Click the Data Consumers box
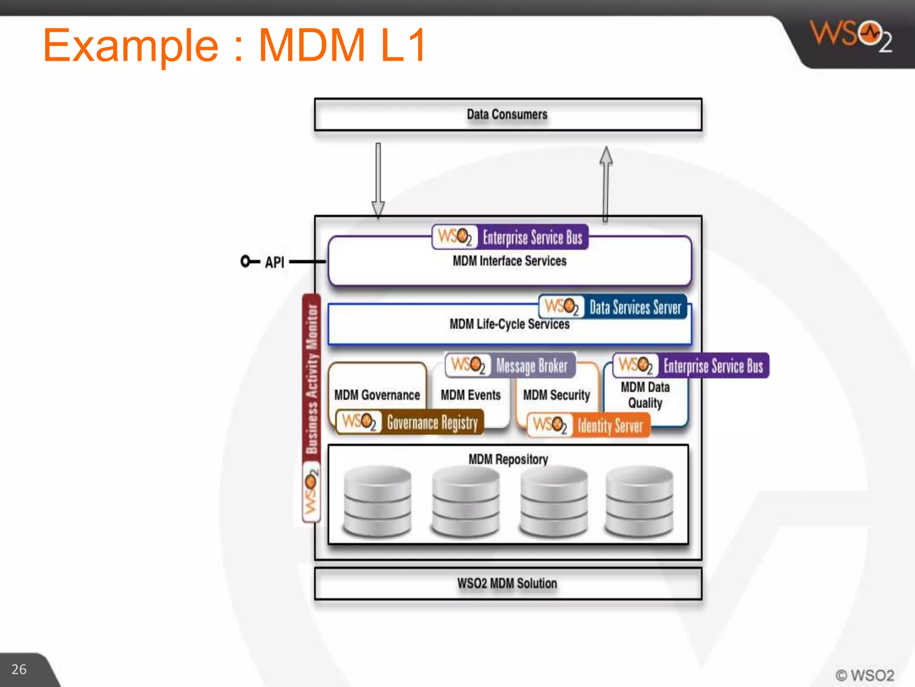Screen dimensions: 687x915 point(508,114)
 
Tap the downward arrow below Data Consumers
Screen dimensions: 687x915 point(378,179)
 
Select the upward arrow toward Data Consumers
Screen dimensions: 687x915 point(606,183)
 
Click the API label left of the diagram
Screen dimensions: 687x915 point(274,262)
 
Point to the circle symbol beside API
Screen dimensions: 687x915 point(246,261)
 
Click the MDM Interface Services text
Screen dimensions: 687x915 point(509,261)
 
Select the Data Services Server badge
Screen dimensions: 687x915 point(613,307)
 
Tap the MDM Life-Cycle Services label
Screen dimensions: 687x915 point(509,324)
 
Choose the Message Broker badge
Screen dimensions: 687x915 point(510,365)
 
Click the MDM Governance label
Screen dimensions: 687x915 point(377,395)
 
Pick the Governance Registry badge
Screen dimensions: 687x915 point(410,422)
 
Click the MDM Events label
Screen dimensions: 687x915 point(470,395)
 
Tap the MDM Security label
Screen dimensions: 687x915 point(556,395)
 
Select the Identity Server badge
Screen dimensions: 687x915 point(588,425)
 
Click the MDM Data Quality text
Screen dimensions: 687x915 point(645,395)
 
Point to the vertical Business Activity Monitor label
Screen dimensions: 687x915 point(311,378)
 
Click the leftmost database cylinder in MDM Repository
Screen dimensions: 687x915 point(378,501)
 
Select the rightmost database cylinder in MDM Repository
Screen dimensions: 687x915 point(639,501)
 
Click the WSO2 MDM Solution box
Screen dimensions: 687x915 point(508,584)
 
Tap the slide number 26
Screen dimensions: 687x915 point(19,669)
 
